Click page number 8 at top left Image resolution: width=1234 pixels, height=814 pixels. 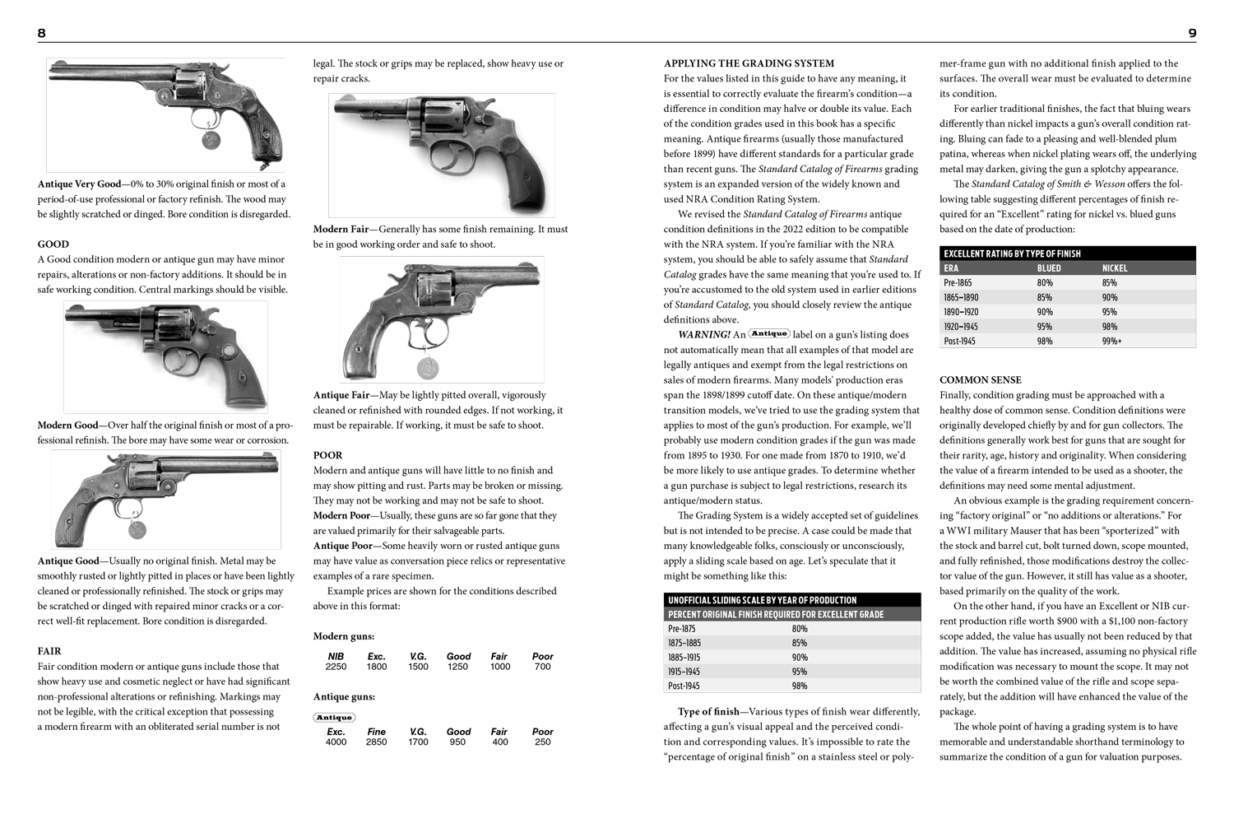pyautogui.click(x=42, y=33)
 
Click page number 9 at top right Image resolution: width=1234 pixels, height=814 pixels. pyautogui.click(x=1192, y=33)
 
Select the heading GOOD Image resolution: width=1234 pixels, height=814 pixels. pyautogui.click(x=53, y=244)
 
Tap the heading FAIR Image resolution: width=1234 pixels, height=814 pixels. pyautogui.click(x=49, y=651)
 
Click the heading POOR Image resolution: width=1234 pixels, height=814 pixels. pyautogui.click(x=327, y=455)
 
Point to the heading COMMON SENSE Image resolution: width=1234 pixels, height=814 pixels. pyautogui.click(x=981, y=379)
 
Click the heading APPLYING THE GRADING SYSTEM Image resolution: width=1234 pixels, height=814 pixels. pyautogui.click(x=749, y=63)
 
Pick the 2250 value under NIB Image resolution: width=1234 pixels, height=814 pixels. pyautogui.click(x=336, y=667)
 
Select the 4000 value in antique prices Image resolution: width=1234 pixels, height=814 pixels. pyautogui.click(x=336, y=742)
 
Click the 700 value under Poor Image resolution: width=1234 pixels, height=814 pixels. pyautogui.click(x=542, y=667)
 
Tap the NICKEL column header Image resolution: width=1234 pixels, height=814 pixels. pyautogui.click(x=1115, y=268)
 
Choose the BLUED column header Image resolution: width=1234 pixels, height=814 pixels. pyautogui.click(x=1049, y=268)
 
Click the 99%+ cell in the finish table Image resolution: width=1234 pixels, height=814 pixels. pyautogui.click(x=1111, y=341)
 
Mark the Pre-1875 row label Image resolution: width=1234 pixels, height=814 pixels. pyautogui.click(x=683, y=629)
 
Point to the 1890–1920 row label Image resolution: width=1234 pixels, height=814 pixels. pyautogui.click(x=961, y=312)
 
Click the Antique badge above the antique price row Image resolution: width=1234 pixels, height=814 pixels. pyautogui.click(x=334, y=718)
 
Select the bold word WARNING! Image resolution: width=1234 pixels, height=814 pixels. pyautogui.click(x=704, y=335)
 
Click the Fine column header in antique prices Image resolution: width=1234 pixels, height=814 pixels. pyautogui.click(x=376, y=732)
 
